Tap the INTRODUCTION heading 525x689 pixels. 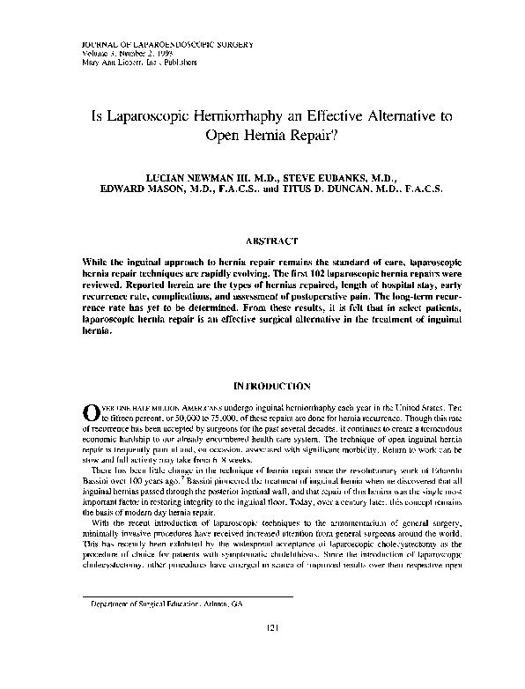point(270,385)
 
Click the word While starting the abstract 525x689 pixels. point(95,263)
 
